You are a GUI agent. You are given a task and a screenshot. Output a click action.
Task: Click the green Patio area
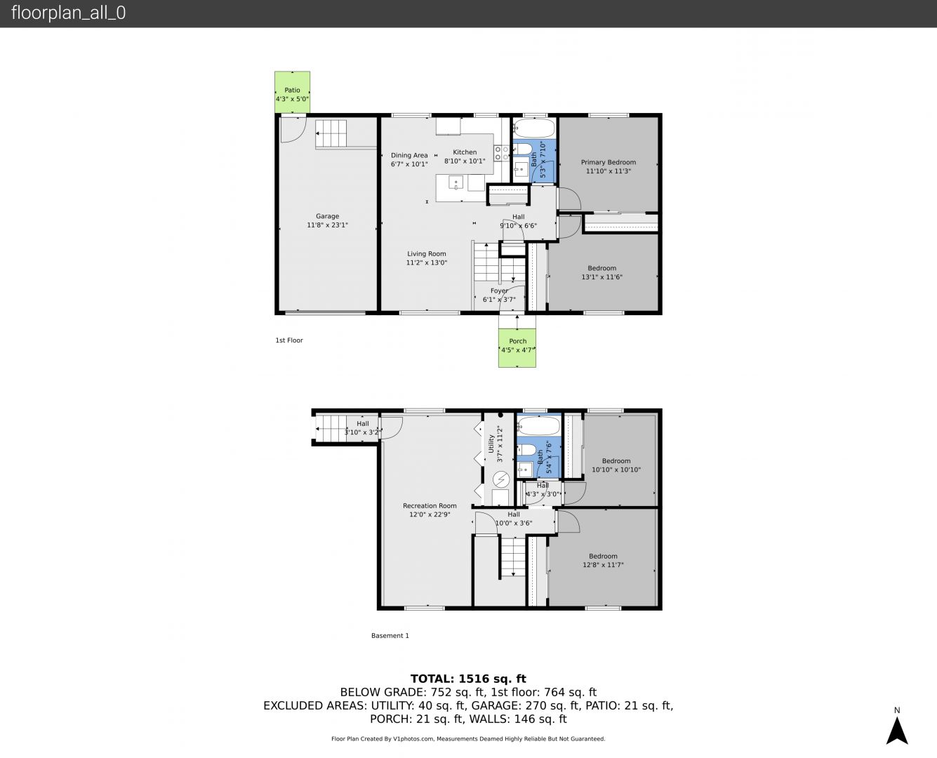[x=292, y=93]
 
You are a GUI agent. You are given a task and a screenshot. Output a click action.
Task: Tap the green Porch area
[x=517, y=347]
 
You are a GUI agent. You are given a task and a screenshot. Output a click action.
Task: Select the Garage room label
[x=327, y=216]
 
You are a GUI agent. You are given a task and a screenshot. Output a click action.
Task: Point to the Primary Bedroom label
[x=608, y=162]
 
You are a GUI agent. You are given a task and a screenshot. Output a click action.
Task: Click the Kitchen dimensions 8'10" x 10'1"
[x=465, y=161]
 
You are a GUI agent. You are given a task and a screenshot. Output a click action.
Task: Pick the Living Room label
[x=426, y=254]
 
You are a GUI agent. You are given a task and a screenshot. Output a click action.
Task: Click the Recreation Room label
[x=430, y=506]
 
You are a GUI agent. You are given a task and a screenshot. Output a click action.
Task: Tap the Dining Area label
[x=409, y=155]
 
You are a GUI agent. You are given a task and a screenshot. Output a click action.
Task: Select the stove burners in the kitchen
[x=500, y=153]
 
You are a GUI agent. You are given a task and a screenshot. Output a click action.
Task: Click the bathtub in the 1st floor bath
[x=534, y=128]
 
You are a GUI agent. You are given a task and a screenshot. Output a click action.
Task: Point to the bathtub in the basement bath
[x=538, y=426]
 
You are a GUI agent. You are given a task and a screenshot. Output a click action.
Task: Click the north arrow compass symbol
[x=896, y=731]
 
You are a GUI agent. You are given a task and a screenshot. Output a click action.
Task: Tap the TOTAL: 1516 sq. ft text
[x=468, y=679]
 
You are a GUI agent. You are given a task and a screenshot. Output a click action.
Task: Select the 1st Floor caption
[x=289, y=340]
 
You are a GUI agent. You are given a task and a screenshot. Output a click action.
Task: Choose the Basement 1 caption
[x=390, y=635]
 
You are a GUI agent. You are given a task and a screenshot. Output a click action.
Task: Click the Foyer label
[x=499, y=291]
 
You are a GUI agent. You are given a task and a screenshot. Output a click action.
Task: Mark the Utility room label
[x=491, y=444]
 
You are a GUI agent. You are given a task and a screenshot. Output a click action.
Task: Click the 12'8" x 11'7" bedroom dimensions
[x=603, y=565]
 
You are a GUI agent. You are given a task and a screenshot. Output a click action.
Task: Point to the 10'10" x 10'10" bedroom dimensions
[x=616, y=470]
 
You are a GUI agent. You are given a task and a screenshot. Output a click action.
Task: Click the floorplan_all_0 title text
[x=69, y=13]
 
